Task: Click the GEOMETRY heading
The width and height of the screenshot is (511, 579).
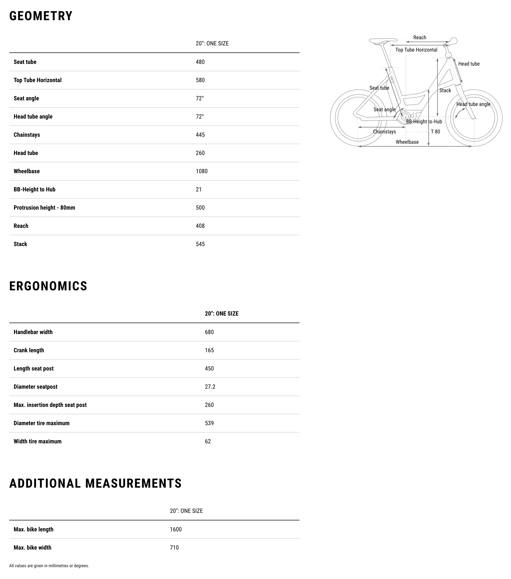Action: click(41, 16)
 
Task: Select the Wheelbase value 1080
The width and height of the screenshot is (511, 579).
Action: click(201, 171)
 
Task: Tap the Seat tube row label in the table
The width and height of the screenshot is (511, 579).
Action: click(25, 62)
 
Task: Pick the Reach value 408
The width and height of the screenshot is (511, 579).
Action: click(200, 226)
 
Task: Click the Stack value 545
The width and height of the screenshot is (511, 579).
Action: click(200, 244)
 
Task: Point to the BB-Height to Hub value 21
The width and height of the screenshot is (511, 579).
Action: click(199, 189)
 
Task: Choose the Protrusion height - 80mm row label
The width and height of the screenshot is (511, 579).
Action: click(44, 208)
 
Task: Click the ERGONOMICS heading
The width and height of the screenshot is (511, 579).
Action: click(48, 286)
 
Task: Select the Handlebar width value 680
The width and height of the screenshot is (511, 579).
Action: click(209, 332)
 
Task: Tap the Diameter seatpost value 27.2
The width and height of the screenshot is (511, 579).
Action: click(210, 387)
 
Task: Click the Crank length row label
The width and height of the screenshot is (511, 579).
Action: click(29, 350)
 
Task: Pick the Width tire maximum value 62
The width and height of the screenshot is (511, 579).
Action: click(208, 441)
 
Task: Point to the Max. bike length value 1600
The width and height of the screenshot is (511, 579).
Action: click(176, 529)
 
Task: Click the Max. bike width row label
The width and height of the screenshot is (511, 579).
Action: click(32, 547)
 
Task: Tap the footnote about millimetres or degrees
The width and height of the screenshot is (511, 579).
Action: click(49, 566)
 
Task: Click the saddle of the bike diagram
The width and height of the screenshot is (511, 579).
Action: click(383, 41)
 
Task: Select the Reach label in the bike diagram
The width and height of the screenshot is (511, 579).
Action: click(420, 37)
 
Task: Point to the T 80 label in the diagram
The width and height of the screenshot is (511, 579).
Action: click(435, 131)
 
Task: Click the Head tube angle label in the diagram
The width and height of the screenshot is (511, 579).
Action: click(473, 104)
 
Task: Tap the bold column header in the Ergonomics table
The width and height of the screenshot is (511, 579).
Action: click(222, 314)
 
